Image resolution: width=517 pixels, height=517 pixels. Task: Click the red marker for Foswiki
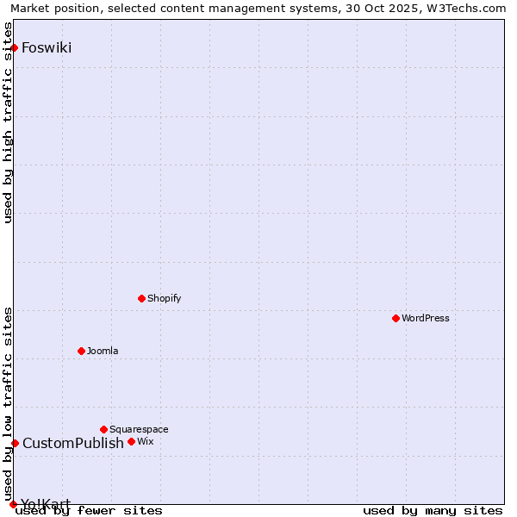(x=15, y=47)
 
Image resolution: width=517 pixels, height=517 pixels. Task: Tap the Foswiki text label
(x=47, y=47)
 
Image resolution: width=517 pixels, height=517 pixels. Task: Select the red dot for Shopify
(x=141, y=298)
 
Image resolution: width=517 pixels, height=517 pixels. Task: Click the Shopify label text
(x=164, y=298)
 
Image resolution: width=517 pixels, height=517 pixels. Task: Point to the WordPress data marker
(x=396, y=318)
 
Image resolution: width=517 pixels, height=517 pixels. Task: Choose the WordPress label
(x=425, y=318)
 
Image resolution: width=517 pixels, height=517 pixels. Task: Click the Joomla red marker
(x=81, y=351)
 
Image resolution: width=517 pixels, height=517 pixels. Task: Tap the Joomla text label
(x=103, y=351)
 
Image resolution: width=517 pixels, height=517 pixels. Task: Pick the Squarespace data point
(x=103, y=429)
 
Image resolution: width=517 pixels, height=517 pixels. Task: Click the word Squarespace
(x=139, y=429)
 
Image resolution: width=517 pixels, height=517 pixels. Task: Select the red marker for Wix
(x=131, y=441)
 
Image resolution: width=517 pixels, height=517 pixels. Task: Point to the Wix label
(x=146, y=441)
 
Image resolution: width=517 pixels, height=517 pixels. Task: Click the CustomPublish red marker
(x=15, y=443)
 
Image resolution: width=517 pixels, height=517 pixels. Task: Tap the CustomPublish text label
(x=73, y=443)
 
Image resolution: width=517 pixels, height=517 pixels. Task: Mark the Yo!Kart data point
(x=13, y=504)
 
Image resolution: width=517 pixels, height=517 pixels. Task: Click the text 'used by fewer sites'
(x=89, y=511)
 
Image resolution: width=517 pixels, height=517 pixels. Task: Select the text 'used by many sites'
(x=433, y=511)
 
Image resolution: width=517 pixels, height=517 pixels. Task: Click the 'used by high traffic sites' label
(x=9, y=121)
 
